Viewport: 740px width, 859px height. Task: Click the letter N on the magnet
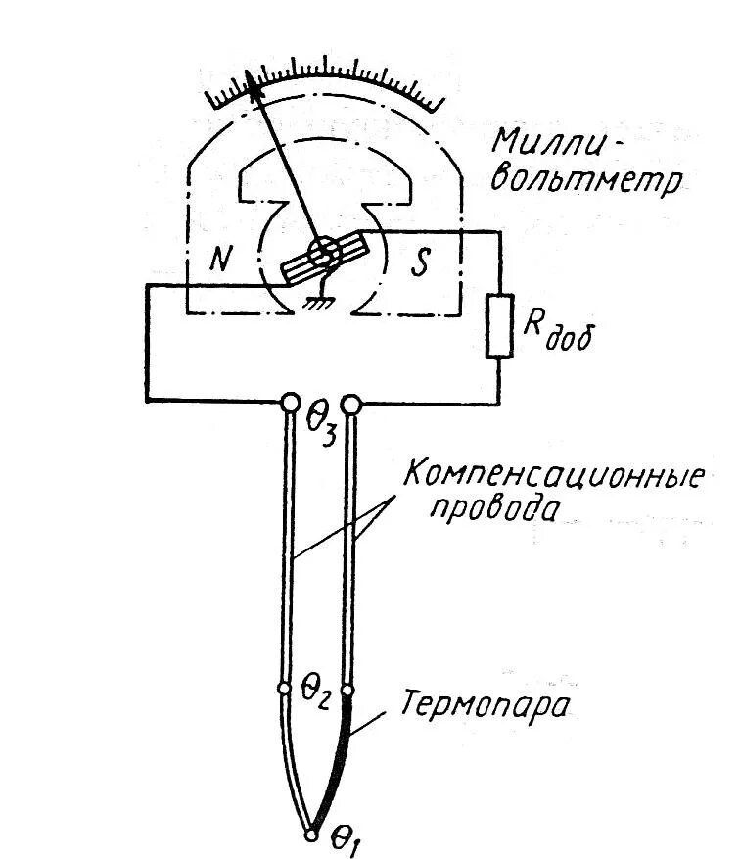[222, 259]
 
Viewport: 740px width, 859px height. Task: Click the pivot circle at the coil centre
[320, 252]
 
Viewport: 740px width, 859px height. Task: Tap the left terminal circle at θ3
[291, 403]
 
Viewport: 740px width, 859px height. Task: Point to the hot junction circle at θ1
[311, 835]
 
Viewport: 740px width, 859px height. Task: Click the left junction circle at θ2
[285, 689]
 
